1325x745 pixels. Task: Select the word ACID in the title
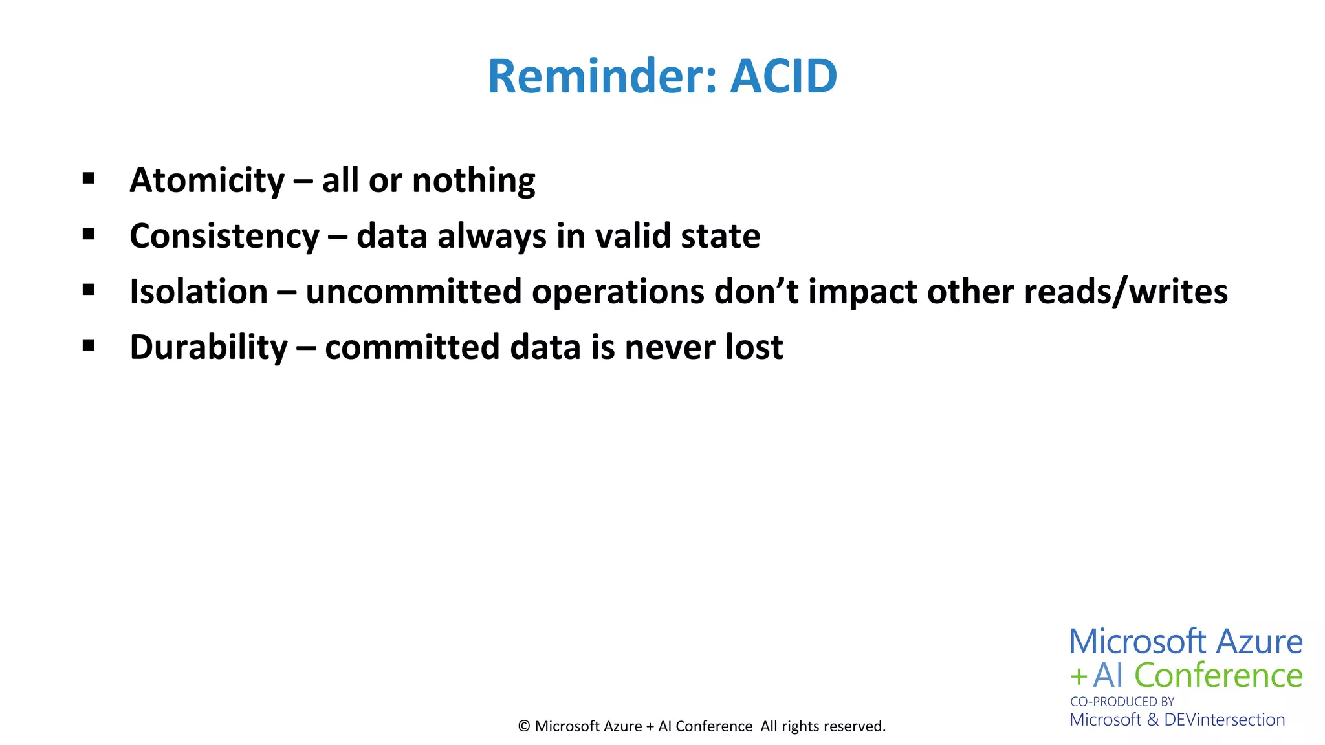783,76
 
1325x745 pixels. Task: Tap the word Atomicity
207,180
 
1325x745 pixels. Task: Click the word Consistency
224,236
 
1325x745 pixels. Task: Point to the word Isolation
199,292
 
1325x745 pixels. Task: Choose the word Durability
208,347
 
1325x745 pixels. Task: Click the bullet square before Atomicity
89,178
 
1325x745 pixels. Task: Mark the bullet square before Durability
89,345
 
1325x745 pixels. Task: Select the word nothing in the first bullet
474,180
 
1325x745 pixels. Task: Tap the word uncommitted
413,292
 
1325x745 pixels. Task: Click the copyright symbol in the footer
523,726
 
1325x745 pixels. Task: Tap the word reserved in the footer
854,726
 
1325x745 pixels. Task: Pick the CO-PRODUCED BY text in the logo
1122,702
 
